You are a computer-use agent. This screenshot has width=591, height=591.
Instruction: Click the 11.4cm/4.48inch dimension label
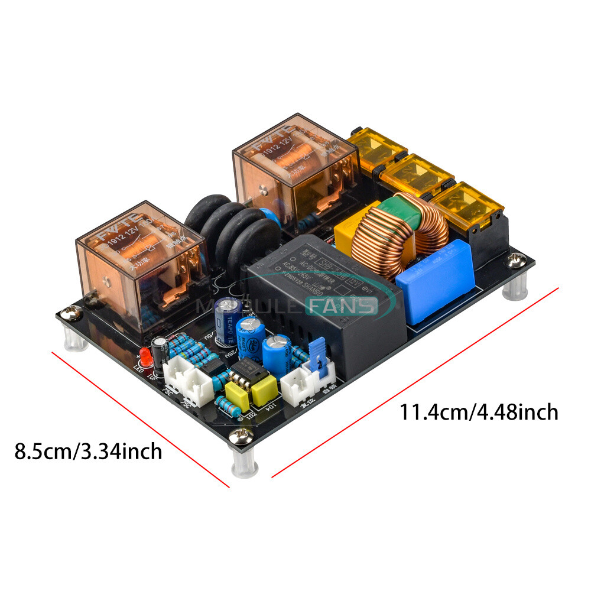coord(479,411)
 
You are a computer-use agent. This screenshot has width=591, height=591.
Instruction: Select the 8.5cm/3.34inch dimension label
coord(88,452)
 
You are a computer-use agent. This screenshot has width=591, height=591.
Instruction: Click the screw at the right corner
coord(518,258)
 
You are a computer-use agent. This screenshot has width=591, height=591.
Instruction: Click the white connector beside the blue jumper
coord(294,388)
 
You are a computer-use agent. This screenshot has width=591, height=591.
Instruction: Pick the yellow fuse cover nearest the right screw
coord(468,207)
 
